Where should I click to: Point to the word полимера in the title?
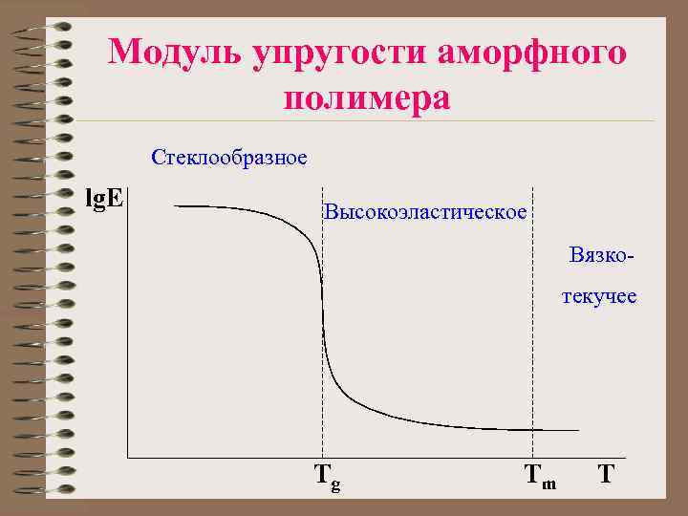(367, 97)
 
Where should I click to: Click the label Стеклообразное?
(229, 156)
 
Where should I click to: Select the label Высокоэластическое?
(425, 211)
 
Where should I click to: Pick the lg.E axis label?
(103, 199)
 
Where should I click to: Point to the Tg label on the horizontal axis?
(326, 475)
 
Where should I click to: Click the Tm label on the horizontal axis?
(539, 475)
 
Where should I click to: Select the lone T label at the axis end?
(605, 473)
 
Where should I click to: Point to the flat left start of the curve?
(191, 205)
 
